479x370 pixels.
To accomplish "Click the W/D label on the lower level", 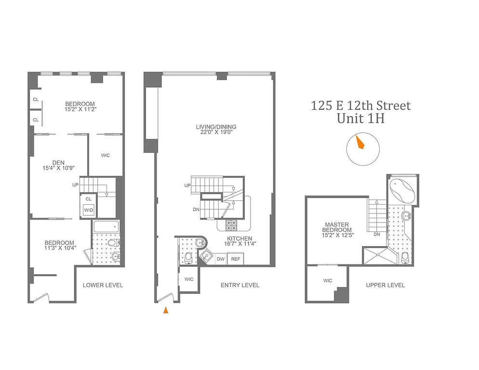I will coord(88,211).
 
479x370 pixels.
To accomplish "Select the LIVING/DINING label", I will coord(216,127).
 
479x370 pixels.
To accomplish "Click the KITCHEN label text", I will coord(239,238).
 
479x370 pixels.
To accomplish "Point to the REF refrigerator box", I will coord(236,259).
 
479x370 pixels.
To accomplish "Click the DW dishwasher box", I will coord(221,259).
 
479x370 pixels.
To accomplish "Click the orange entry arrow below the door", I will coord(166,311).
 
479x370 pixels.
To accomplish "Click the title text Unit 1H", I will coord(361,119).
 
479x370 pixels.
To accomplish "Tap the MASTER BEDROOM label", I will coord(337,227).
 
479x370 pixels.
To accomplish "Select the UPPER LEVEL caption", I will coord(385,285).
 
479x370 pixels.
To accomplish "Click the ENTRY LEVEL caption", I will coord(240,285).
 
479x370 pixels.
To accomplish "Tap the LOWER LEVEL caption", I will coord(103,285).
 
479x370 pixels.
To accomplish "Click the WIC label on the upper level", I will coord(328,280).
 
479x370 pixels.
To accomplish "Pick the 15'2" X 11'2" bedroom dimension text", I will coord(80,109).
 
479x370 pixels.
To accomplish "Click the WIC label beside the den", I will coord(106,155).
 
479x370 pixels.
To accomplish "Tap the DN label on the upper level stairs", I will coord(377,235).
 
